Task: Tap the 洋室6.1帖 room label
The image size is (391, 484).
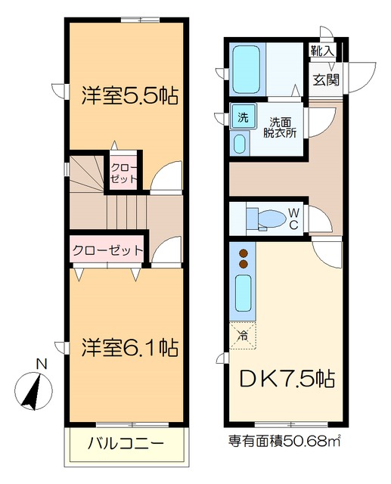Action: point(129,348)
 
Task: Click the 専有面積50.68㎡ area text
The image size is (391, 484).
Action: point(285,441)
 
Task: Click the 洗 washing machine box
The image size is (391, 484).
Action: point(242,117)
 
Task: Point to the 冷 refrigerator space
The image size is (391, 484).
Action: point(244,330)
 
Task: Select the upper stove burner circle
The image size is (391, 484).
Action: point(244,253)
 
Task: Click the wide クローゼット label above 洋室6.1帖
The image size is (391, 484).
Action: point(107,250)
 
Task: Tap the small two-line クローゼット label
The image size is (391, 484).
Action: point(123,173)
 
